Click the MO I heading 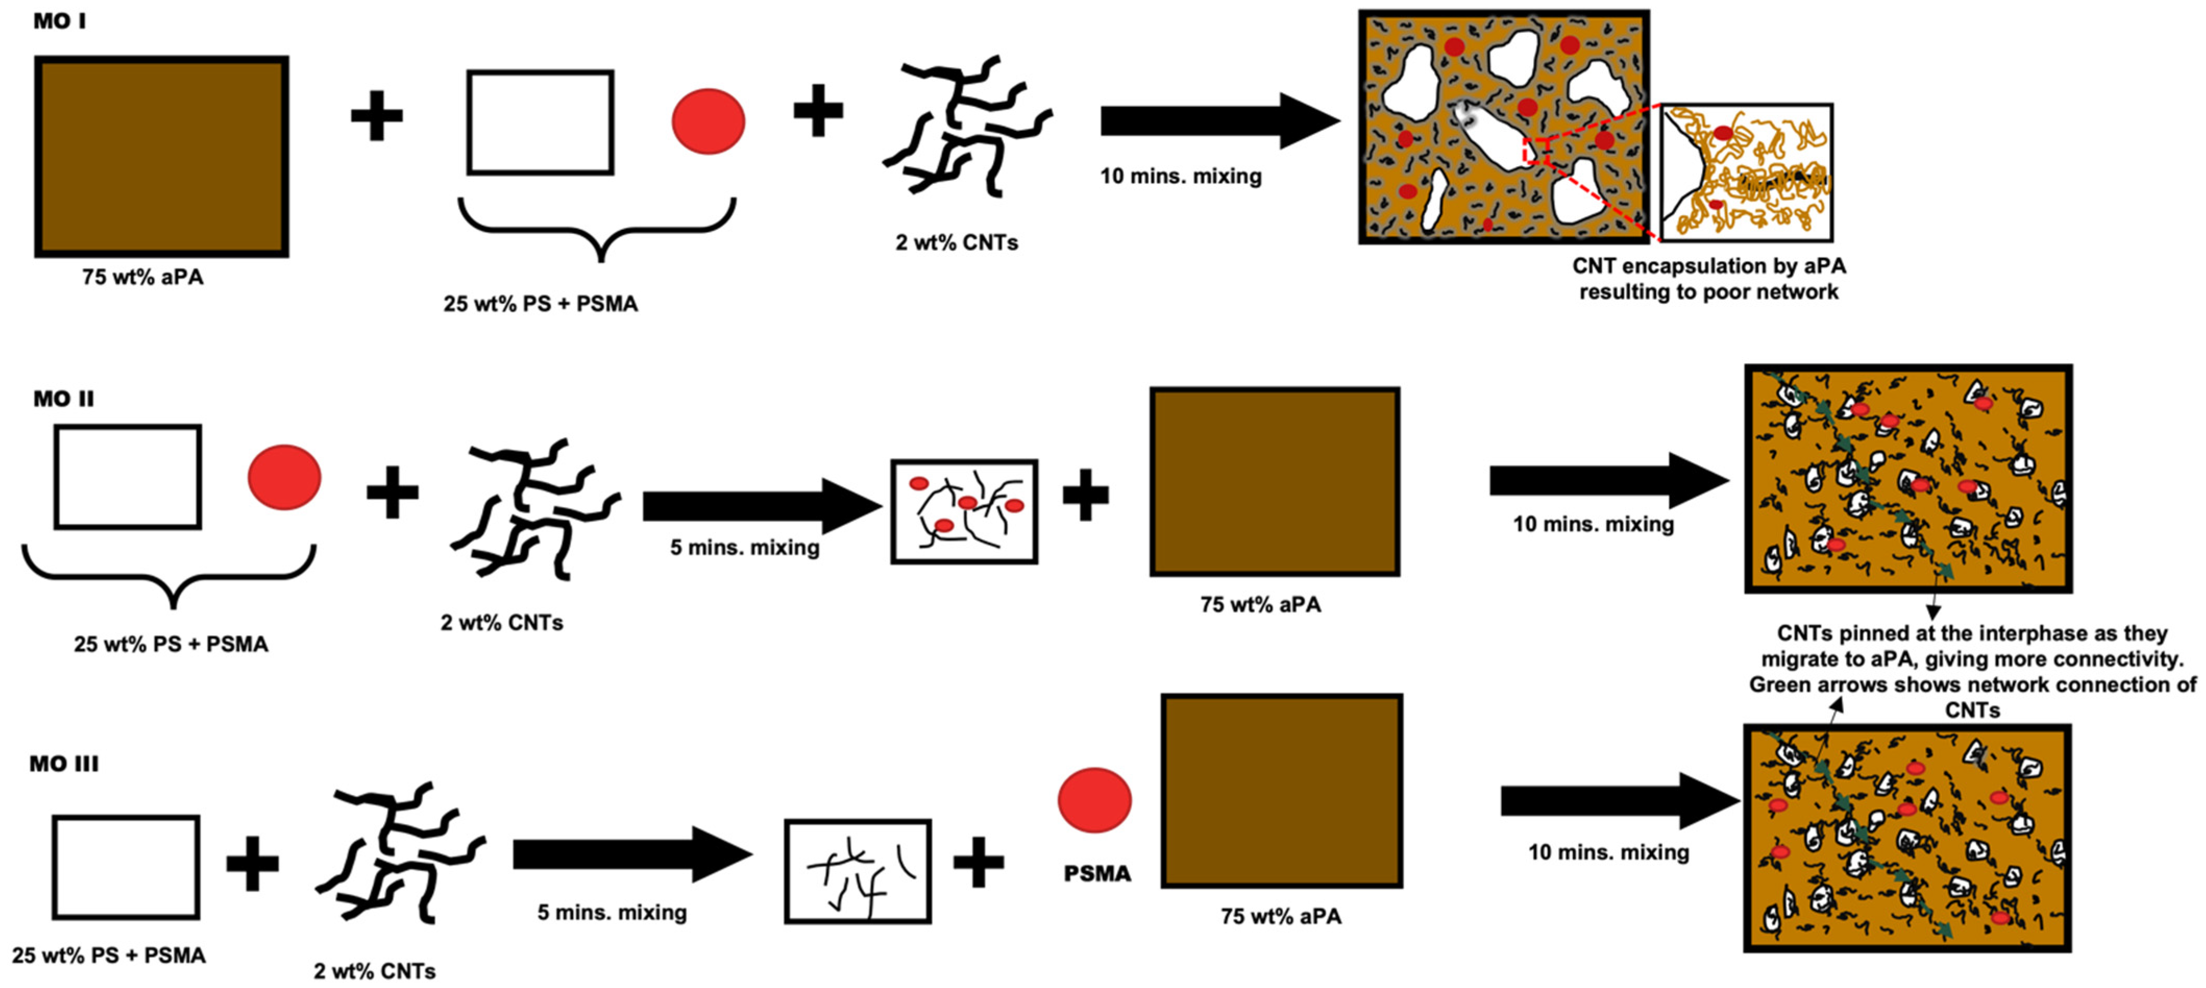pyautogui.click(x=59, y=20)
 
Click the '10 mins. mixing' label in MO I pyautogui.click(x=1180, y=176)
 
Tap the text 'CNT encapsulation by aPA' pyautogui.click(x=1708, y=266)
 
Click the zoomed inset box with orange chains pyautogui.click(x=1747, y=173)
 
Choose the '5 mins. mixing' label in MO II pyautogui.click(x=744, y=547)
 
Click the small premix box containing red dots pyautogui.click(x=964, y=511)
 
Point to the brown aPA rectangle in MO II pyautogui.click(x=1274, y=481)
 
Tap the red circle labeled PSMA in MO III pyautogui.click(x=1094, y=800)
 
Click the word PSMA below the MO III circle pyautogui.click(x=1097, y=873)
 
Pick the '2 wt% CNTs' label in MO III pyautogui.click(x=374, y=971)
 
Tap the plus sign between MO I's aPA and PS pyautogui.click(x=377, y=116)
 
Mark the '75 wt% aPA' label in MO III pyautogui.click(x=1281, y=916)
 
